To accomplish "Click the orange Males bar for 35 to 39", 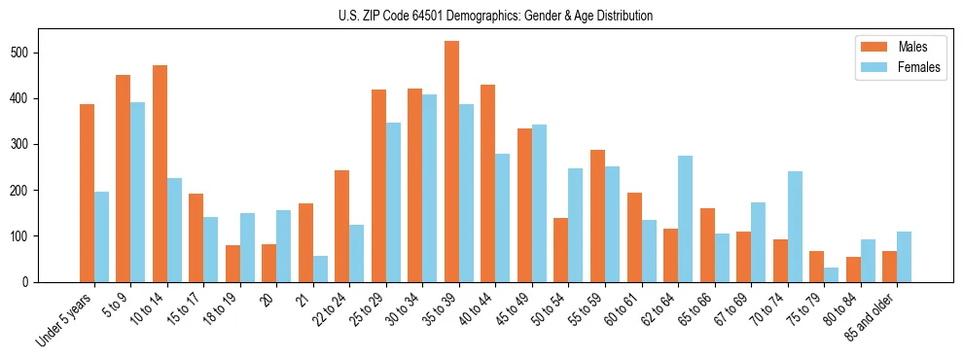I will coord(451,162).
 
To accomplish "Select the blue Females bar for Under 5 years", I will coord(101,236).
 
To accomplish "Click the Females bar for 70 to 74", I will coord(795,227).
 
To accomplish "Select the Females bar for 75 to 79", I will coord(831,274).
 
